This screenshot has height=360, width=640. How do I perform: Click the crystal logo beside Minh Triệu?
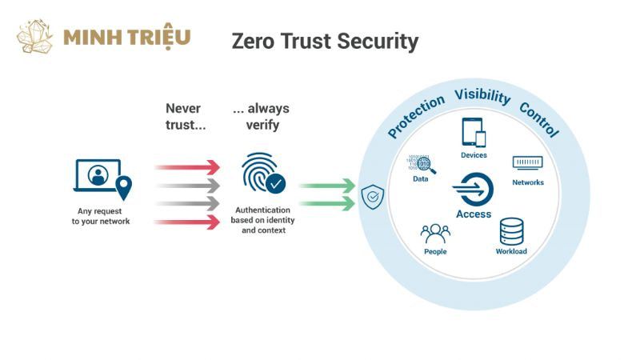pos(34,37)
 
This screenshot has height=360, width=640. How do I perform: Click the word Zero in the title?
pos(252,42)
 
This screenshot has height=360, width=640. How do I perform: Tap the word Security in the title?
pos(378,42)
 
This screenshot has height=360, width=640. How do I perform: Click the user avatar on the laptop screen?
pos(98,175)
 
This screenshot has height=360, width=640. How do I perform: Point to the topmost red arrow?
pos(188,167)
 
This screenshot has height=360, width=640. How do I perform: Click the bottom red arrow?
pos(188,222)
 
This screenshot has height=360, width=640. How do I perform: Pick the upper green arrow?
pos(327,186)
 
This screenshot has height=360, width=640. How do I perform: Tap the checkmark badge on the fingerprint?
pos(276,184)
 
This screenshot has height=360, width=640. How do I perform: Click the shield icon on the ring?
pos(373,197)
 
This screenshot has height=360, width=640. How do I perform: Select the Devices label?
pos(474,155)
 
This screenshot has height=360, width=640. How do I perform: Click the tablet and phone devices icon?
pos(474,132)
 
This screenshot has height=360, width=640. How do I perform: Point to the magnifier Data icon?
pos(422,164)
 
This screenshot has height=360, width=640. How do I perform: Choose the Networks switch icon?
pos(528,162)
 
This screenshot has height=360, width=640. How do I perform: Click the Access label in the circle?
pos(474,214)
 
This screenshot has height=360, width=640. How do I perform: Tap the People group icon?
pos(435,234)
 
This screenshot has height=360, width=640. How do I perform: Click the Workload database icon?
pos(511,231)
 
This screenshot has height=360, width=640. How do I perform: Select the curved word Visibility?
pos(482,96)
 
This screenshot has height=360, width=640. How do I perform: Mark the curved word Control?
pos(539,119)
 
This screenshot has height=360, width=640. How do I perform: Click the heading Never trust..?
pos(186,117)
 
